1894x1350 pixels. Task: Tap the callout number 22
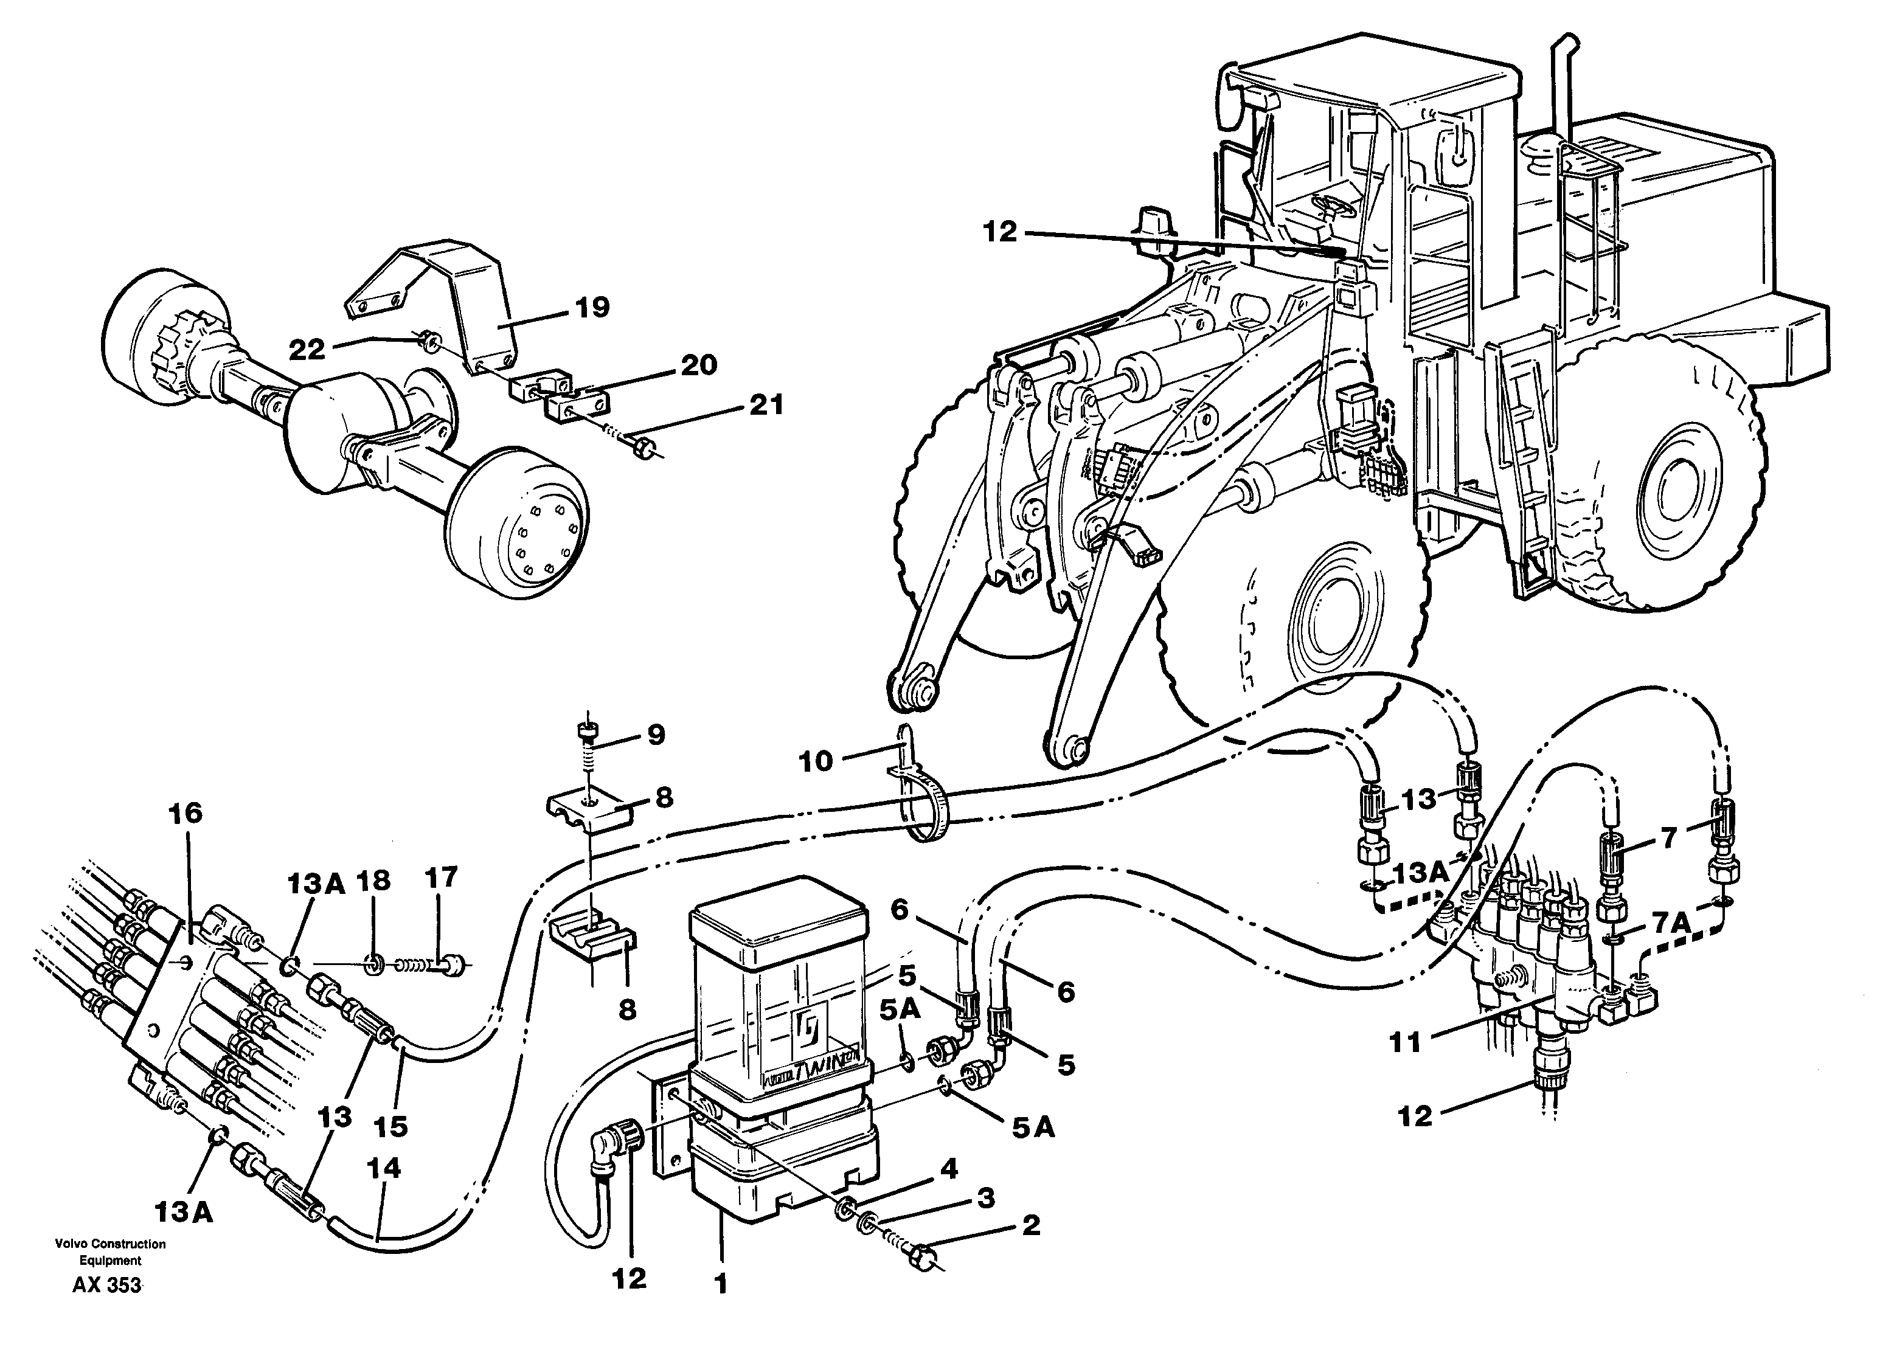click(306, 350)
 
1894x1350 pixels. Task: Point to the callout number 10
click(815, 761)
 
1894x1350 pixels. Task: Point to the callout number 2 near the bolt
click(1030, 1225)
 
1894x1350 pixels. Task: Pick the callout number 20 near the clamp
click(698, 365)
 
